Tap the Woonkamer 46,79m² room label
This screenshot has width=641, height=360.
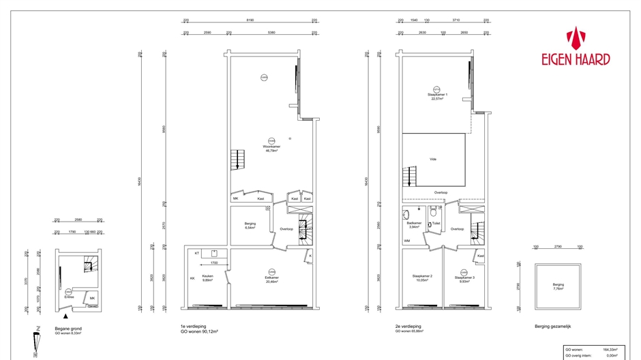tap(271, 148)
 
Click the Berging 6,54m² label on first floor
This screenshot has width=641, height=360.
tap(250, 226)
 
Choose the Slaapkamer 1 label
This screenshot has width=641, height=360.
tap(437, 96)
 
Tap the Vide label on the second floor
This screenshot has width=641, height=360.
tap(432, 159)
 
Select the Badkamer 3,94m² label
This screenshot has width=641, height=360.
tap(414, 224)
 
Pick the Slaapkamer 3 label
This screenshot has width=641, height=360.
tap(464, 278)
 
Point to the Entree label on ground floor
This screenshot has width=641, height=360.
tap(69, 297)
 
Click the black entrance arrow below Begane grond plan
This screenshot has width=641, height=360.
tap(65, 316)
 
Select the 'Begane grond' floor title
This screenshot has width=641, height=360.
tap(68, 329)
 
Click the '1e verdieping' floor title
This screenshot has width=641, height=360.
tap(194, 327)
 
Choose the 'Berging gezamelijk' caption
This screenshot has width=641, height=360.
tap(552, 327)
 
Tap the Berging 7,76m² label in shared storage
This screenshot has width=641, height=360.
tap(558, 287)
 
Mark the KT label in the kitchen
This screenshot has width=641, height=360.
tap(197, 253)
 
